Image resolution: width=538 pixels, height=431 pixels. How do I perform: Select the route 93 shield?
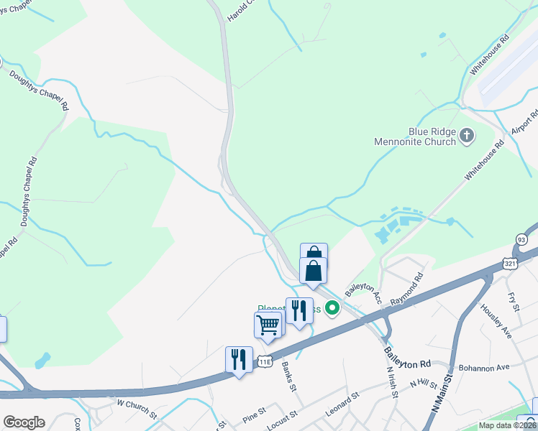[521, 239]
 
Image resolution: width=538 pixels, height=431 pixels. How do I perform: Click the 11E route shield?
[265, 361]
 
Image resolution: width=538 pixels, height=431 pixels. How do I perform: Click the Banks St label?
[289, 375]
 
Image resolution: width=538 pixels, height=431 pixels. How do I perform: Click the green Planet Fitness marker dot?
[332, 309]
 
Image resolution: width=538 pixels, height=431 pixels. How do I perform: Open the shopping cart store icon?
[268, 324]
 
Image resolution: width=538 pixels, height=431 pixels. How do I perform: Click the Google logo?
[24, 422]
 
